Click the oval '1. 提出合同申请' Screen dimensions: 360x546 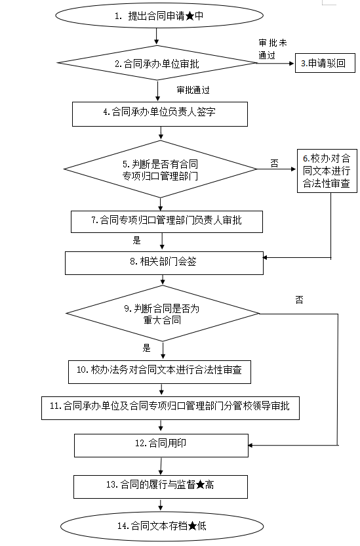tap(159, 16)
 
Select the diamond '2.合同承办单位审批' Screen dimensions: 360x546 tap(157, 63)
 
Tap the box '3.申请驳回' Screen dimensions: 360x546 tap(325, 63)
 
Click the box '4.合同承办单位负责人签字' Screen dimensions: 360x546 tap(160, 114)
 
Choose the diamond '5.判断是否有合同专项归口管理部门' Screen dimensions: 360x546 tap(161, 169)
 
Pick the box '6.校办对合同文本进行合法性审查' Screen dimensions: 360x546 tap(327, 171)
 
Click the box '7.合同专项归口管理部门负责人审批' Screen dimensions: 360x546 tap(167, 221)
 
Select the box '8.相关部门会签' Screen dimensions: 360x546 tap(164, 263)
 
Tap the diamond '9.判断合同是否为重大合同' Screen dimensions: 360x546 tap(163, 314)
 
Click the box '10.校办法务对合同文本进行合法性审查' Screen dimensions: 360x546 tap(159, 372)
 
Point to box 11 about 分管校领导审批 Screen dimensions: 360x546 tap(170, 408)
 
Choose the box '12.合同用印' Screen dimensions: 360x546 tap(161, 446)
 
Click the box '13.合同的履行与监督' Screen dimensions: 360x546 tap(161, 486)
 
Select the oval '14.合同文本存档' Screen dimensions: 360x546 tap(162, 526)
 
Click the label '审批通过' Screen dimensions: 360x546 tap(193, 90)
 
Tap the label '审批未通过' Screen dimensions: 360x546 tap(273, 49)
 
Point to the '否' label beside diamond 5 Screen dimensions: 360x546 tap(275, 163)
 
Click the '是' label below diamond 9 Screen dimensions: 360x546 tap(146, 348)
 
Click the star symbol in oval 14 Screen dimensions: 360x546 tap(193, 526)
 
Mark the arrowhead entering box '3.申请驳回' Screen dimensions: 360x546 tap(292, 64)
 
